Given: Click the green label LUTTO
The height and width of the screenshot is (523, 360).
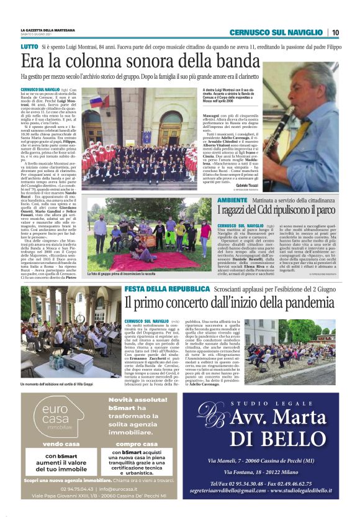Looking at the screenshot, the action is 29,47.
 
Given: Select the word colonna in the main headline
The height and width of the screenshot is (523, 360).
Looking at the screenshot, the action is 101,61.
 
